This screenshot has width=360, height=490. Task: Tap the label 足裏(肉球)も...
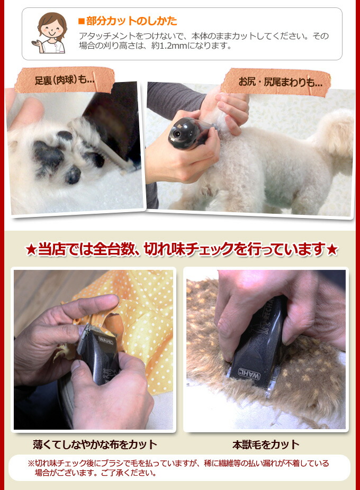(x=64, y=80)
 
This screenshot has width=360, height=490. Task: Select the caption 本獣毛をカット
(x=266, y=444)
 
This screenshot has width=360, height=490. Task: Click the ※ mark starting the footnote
(x=31, y=463)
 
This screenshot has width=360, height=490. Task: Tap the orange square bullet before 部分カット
(x=81, y=21)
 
